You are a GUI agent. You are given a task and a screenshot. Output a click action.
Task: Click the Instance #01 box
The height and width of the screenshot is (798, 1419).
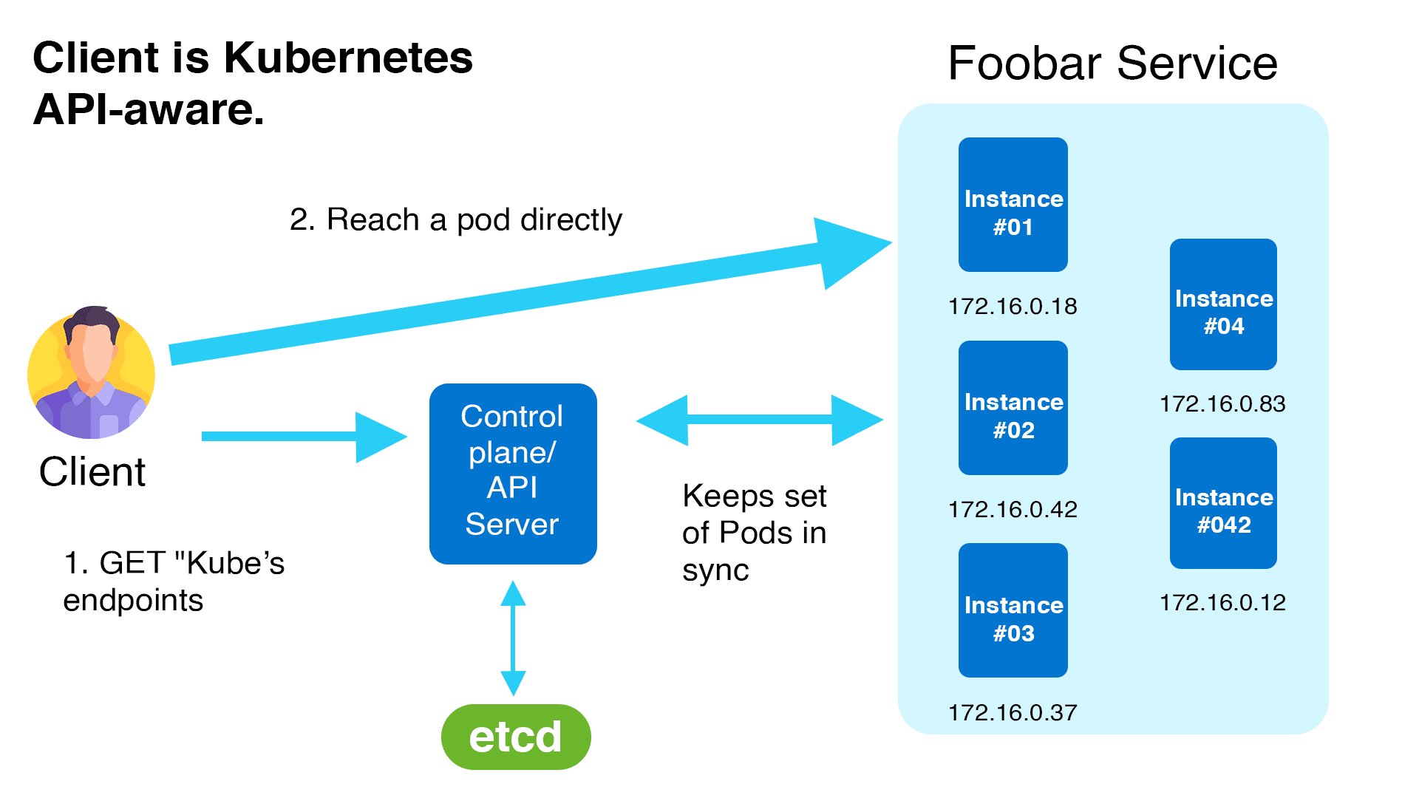click(1013, 205)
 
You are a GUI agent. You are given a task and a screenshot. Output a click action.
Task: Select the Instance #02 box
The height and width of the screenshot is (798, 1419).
click(1013, 408)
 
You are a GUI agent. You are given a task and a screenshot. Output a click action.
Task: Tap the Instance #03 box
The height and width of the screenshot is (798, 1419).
click(1013, 610)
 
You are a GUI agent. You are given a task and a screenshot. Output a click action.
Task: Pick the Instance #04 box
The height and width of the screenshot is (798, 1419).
click(1223, 304)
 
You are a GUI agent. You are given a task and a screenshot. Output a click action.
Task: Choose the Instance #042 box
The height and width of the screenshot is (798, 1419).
click(1223, 503)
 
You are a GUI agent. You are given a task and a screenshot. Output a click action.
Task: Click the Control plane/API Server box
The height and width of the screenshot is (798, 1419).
click(513, 474)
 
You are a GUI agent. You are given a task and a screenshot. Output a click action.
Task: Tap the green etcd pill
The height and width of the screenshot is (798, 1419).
click(516, 737)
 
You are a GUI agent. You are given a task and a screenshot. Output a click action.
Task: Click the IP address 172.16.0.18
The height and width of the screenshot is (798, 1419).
click(1013, 306)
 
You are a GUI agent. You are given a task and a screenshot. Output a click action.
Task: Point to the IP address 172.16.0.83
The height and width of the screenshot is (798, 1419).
click(1222, 403)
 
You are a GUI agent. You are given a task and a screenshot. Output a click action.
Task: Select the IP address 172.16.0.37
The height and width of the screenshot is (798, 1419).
click(1013, 712)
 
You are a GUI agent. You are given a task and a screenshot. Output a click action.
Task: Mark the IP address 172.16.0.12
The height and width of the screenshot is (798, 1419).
click(1222, 602)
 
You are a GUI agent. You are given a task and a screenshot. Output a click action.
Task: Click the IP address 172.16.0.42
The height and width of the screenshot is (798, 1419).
click(1013, 509)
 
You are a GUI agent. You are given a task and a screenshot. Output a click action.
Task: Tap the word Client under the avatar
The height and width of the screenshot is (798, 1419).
click(92, 471)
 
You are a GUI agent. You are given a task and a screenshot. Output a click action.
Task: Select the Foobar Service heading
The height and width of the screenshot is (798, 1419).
click(1112, 64)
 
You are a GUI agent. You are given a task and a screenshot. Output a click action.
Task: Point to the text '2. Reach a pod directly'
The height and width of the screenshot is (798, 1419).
click(455, 219)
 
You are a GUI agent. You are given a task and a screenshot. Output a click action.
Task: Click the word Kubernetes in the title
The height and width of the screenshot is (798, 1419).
click(347, 58)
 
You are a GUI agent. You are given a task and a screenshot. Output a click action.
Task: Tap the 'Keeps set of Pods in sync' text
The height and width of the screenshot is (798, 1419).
click(754, 533)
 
